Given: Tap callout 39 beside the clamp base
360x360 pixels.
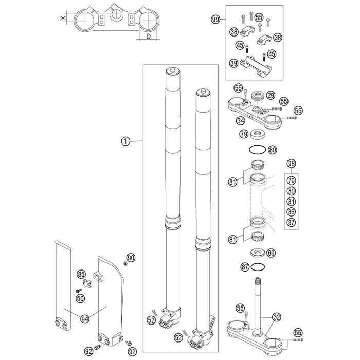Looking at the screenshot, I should pyautogui.click(x=234, y=63).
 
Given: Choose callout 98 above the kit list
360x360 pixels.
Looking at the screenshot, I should pyautogui.click(x=291, y=164).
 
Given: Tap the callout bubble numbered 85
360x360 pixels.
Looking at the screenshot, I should pyautogui.click(x=81, y=274).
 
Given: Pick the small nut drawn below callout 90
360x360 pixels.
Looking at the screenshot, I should pyautogui.click(x=125, y=264).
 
